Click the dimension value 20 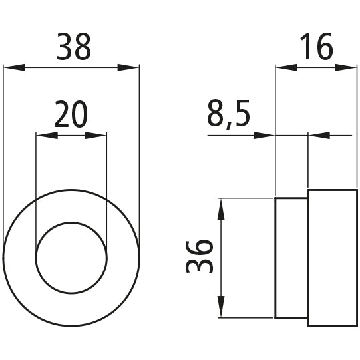71,116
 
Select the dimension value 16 316,48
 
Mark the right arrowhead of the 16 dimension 347,67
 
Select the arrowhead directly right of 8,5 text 264,136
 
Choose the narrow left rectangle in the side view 291,258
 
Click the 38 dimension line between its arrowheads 71,67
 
